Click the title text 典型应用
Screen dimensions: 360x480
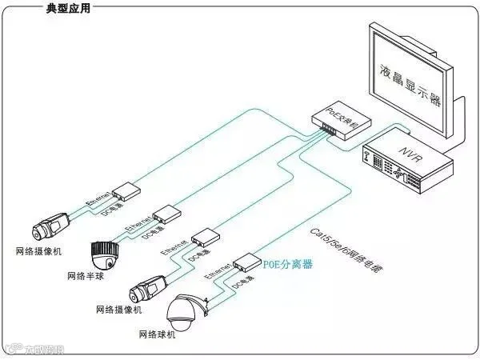(x=70, y=10)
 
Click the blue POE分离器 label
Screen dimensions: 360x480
(x=288, y=263)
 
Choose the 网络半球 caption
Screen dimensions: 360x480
(x=86, y=276)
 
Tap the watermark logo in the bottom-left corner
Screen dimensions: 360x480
(x=32, y=349)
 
